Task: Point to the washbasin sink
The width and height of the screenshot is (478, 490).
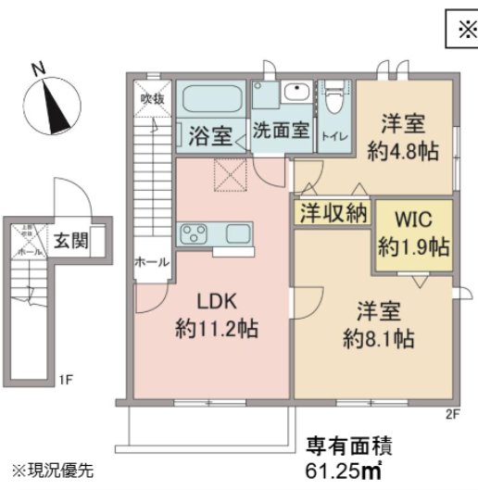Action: (x=296, y=94)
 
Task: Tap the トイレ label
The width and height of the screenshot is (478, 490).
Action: (x=333, y=136)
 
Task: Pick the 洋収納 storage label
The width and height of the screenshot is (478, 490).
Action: (x=333, y=213)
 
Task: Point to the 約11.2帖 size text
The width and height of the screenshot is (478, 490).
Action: (x=216, y=328)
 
